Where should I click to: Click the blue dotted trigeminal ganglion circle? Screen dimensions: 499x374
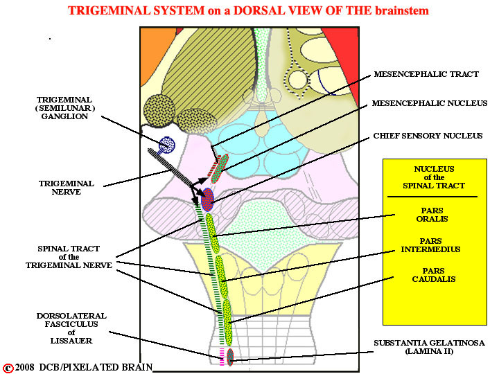point(167,145)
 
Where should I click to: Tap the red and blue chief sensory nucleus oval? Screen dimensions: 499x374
point(207,199)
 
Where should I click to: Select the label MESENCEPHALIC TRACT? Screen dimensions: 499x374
point(426,74)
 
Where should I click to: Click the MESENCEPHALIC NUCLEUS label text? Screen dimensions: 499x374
point(430,103)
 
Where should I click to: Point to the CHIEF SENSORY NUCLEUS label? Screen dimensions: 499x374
point(428,136)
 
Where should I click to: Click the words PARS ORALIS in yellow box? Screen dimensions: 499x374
point(432,215)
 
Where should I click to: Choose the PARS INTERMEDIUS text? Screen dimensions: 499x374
point(430,245)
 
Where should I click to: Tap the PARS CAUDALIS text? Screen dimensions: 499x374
point(433,275)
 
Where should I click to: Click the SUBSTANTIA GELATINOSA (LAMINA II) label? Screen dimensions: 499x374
point(429,347)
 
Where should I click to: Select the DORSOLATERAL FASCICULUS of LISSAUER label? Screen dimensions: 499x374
point(71,328)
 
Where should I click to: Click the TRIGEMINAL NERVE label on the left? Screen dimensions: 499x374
point(67,188)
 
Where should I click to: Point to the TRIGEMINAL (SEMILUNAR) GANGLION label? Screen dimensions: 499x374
point(65,108)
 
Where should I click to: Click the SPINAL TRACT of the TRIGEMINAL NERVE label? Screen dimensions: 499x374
point(69,257)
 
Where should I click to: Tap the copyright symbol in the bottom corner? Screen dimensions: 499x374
point(8,368)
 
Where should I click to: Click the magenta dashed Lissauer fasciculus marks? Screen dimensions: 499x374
point(222,357)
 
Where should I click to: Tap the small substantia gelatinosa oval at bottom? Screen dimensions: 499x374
point(230,357)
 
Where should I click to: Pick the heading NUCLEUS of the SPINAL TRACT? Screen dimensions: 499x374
point(434,177)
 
